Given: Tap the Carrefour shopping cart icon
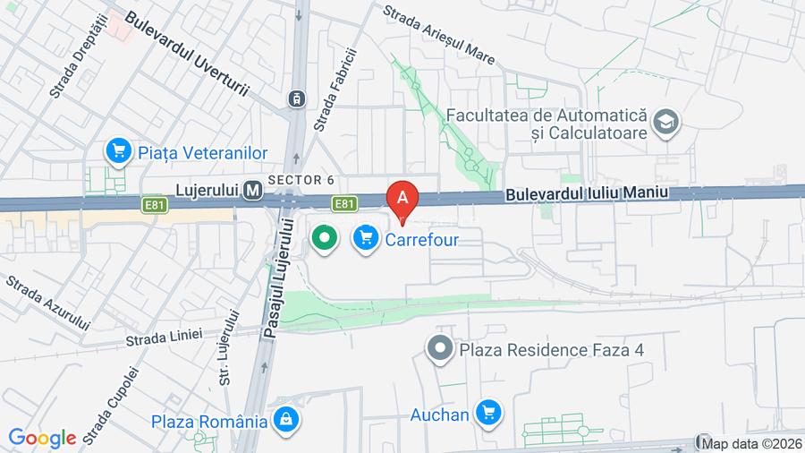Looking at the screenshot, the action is (365, 239).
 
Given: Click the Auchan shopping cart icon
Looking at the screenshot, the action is (487, 413).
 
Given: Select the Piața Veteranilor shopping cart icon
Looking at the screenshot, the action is (118, 151).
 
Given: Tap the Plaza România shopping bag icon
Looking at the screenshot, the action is (285, 419).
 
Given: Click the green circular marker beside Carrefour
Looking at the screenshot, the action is (324, 238).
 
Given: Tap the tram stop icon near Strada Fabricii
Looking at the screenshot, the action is (296, 98).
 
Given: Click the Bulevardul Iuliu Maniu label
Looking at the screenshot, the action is (586, 193).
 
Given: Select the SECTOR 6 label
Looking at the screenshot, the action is (301, 180).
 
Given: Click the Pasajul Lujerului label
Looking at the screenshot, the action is (275, 278).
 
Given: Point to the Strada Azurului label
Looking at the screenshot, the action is (49, 303).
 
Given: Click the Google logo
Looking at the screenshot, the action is (42, 438).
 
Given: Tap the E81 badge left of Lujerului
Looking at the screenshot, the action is (154, 205).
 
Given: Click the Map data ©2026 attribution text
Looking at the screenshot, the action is (751, 443).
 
